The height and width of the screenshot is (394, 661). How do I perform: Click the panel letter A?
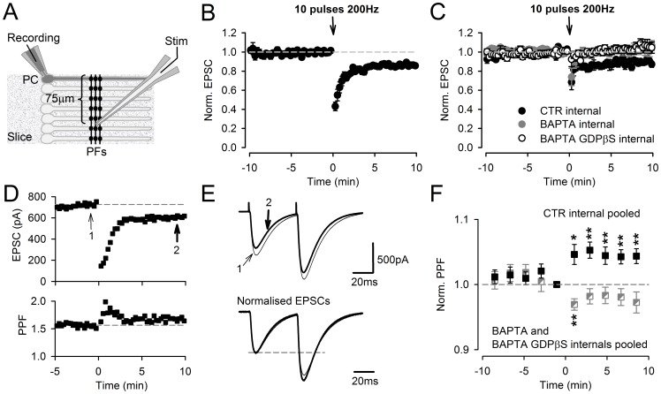click(12, 12)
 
